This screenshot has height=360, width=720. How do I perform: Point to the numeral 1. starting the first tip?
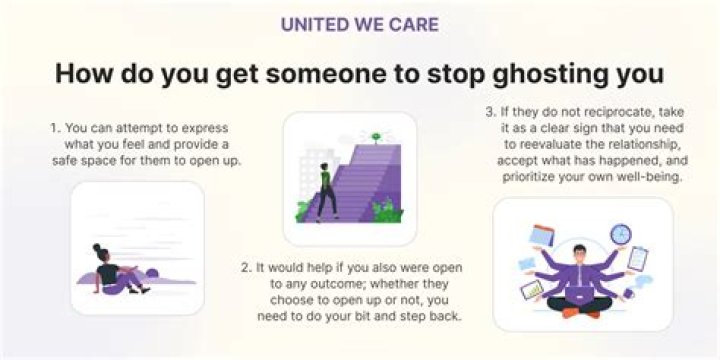tap(56, 128)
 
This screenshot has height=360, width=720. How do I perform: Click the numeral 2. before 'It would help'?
tap(246, 268)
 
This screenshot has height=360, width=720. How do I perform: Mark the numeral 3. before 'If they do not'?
tap(491, 112)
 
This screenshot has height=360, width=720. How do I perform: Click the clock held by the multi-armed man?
tap(620, 234)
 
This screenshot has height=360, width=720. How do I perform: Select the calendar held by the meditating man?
tap(542, 235)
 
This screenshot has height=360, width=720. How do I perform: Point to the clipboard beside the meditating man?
tap(637, 259)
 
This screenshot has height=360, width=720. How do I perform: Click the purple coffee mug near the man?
tap(629, 292)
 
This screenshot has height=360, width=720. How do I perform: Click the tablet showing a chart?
tap(532, 289)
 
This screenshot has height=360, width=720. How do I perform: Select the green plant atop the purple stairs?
tap(376, 138)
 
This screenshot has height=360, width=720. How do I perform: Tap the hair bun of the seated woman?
tap(96, 247)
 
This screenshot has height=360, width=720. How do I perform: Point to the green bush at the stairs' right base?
tap(387, 211)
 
